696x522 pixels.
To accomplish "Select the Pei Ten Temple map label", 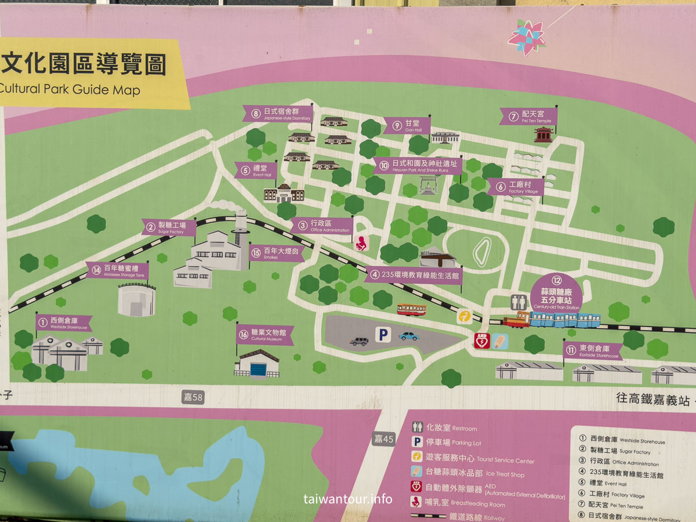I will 528,117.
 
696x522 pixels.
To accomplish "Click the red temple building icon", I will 543,135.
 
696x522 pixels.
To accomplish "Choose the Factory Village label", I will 516,187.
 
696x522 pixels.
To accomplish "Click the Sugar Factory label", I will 169,227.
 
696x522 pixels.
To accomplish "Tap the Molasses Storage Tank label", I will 118,270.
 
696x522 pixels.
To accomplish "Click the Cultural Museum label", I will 265,335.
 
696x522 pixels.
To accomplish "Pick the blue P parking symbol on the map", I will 382,334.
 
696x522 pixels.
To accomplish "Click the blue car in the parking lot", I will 409,336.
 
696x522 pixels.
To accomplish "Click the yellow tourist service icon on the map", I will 464,316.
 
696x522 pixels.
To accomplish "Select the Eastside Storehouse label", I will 592,350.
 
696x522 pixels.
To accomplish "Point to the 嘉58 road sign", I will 193,397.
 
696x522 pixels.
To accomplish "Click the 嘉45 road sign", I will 383,439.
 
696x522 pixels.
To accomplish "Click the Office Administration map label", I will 322,226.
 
